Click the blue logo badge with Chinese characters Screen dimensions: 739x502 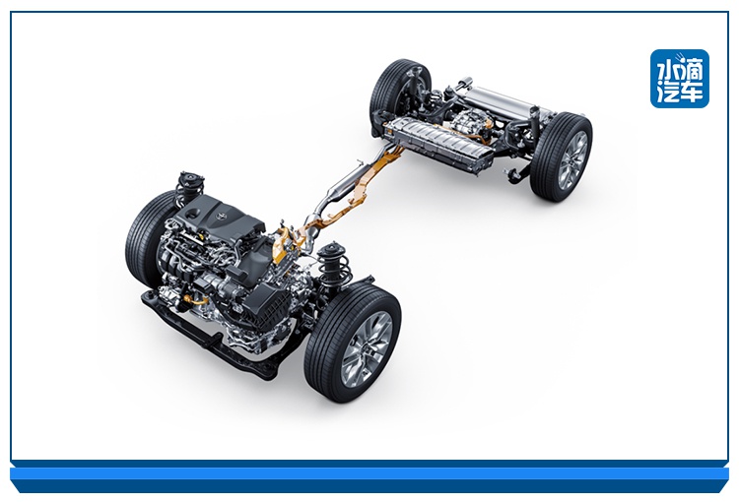click(680, 79)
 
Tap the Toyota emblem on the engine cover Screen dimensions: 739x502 click(219, 216)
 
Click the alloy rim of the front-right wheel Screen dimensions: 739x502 click(367, 349)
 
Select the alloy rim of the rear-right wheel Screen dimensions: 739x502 click(572, 160)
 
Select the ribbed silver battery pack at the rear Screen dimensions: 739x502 click(438, 142)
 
